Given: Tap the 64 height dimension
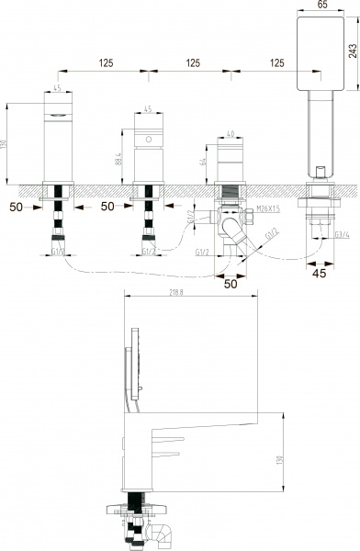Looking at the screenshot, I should tap(203, 164).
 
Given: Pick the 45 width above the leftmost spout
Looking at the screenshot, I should tap(57, 89).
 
